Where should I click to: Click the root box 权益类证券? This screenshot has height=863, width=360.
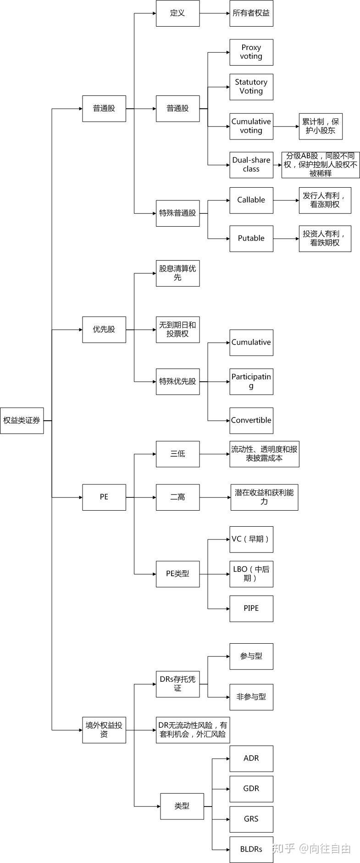[22, 420]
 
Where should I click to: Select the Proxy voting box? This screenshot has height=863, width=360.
[251, 52]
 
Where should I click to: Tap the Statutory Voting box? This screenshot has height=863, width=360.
[251, 87]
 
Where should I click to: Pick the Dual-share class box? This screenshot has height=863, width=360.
[251, 165]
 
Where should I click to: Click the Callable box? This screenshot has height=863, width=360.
[251, 200]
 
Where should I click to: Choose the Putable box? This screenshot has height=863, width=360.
[251, 239]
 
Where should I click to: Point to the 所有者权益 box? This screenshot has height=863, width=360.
[251, 13]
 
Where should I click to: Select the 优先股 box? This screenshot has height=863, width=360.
[104, 329]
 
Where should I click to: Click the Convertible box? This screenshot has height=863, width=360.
[251, 420]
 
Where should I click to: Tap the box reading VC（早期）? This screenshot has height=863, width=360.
[251, 539]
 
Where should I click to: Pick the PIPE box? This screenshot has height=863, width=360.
[251, 608]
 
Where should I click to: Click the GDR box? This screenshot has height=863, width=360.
[251, 789]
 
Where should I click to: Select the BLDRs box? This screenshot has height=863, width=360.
[251, 849]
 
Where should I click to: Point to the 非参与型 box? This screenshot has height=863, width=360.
[251, 697]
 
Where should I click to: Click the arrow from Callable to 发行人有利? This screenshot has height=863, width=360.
[286, 200]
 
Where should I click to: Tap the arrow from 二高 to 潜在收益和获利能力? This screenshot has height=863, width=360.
[215, 497]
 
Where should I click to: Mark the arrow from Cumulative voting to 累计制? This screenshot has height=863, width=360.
[286, 126]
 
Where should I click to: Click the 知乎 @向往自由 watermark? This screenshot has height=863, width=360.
[312, 848]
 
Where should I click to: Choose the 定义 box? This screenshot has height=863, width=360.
[177, 13]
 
